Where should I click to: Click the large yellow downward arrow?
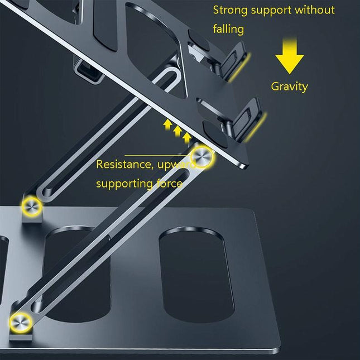(289, 59)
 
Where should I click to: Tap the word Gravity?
(289, 87)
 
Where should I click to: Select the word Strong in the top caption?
(230, 10)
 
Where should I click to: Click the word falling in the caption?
(229, 29)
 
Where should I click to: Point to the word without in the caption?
(314, 10)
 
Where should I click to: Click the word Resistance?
(121, 165)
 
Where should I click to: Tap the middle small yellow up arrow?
(177, 131)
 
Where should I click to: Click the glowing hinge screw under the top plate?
(202, 156)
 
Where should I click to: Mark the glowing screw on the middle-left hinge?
(30, 207)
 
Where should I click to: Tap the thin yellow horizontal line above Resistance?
(157, 155)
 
